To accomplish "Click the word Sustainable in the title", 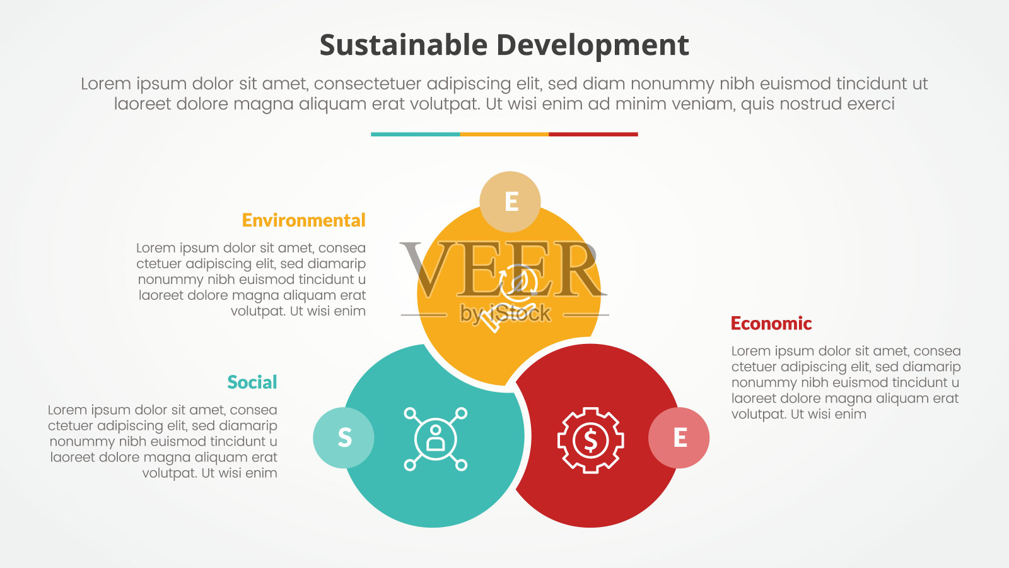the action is [404, 45].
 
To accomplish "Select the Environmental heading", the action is [303, 220].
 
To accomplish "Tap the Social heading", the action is [252, 382].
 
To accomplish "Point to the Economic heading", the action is [771, 324].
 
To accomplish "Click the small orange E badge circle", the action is [510, 201].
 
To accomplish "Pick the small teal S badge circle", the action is [344, 438].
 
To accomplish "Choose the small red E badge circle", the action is [679, 438].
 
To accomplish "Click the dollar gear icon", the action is [590, 440].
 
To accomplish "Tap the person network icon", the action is [436, 439].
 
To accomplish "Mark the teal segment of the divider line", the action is [416, 134].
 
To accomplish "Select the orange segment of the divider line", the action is [504, 134].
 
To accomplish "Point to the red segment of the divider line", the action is [593, 134].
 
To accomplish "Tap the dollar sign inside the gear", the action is [590, 440].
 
